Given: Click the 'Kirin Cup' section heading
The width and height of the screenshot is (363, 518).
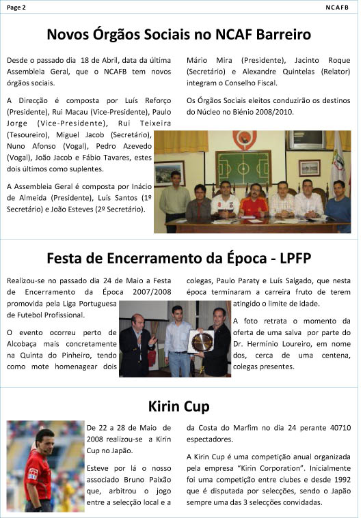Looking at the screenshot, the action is pos(181,407).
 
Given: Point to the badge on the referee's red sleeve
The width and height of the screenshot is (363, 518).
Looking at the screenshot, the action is pos(28,474).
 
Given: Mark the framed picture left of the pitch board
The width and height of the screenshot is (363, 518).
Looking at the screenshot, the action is pos(170,173).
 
